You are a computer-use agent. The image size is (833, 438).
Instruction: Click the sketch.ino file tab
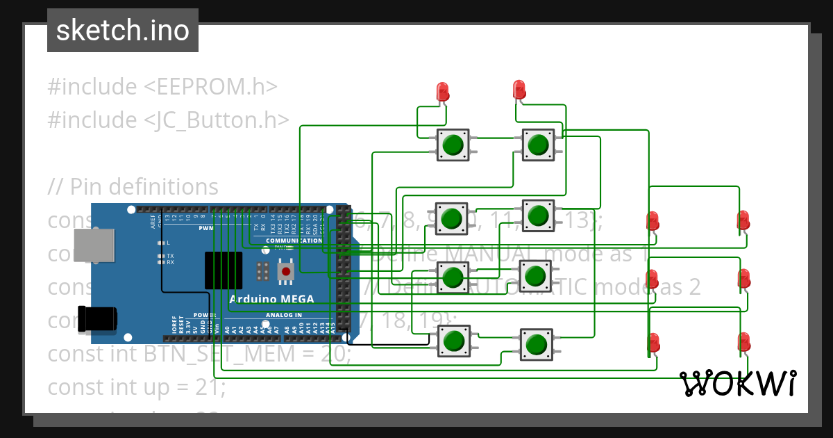122,31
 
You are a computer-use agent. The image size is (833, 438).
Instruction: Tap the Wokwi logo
737,383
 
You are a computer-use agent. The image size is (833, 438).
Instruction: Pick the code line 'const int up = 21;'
136,387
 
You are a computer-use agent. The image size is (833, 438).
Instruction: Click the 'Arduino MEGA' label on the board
271,300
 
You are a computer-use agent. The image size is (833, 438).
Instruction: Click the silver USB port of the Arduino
94,247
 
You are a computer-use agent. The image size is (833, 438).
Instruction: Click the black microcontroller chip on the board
223,270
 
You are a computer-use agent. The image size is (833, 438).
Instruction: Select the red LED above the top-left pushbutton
442,91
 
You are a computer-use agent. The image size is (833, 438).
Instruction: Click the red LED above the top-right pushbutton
519,89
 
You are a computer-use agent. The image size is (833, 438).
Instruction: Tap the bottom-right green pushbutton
536,343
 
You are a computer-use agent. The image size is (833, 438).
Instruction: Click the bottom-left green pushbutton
453,341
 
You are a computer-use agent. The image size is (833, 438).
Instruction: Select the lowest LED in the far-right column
743,342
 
